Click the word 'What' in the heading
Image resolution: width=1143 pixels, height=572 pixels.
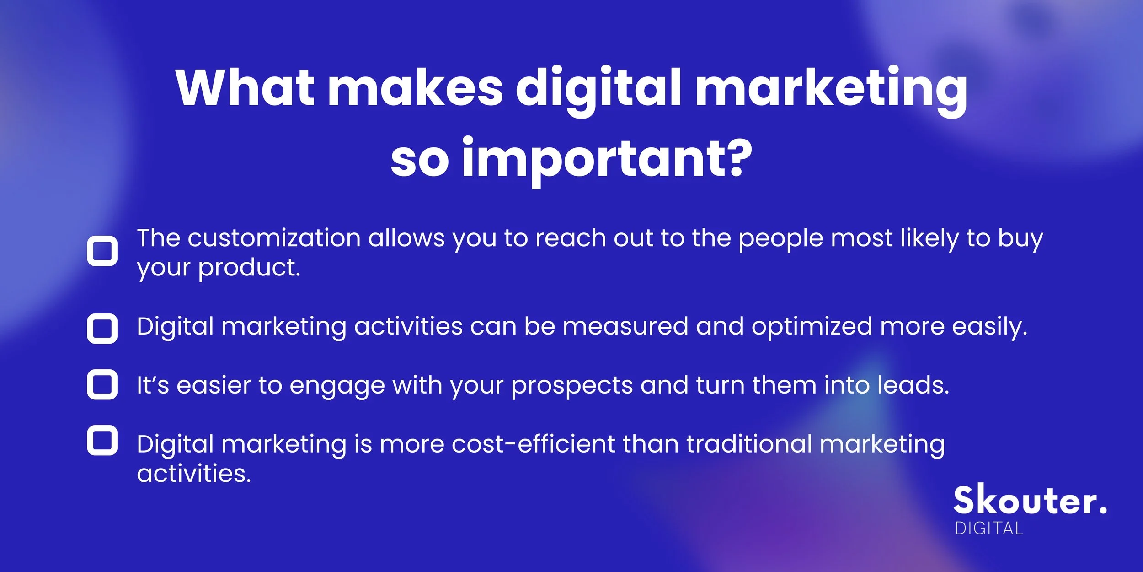(245, 88)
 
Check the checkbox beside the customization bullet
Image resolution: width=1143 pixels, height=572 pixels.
(102, 251)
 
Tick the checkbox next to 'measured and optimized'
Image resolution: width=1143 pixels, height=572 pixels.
(102, 328)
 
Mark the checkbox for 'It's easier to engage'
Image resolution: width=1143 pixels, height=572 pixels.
(102, 384)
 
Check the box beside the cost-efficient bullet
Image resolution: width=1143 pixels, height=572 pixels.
(102, 440)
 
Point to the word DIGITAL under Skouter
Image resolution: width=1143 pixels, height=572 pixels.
(989, 529)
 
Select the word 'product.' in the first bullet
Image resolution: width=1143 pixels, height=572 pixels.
(249, 267)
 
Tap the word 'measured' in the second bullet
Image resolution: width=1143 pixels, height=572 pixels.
(625, 326)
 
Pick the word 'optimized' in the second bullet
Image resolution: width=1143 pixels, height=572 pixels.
(812, 327)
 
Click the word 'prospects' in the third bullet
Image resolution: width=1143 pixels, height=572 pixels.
(572, 385)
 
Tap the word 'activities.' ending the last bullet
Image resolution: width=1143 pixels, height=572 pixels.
(194, 473)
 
